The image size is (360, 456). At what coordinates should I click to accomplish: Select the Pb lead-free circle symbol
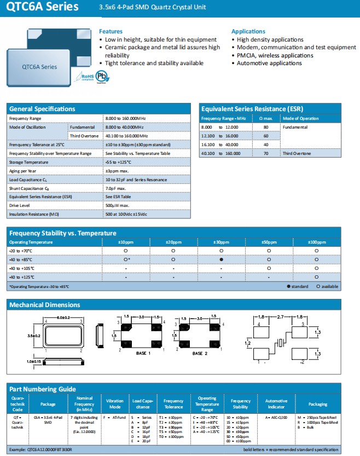[101, 76]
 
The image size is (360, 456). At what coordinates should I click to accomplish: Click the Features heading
[111, 31]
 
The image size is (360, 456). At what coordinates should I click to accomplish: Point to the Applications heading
[248, 31]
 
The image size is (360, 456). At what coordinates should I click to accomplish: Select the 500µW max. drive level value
[117, 205]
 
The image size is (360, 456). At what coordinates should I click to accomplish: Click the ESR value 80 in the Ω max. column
[265, 127]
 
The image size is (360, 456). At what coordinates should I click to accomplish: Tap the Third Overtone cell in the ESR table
[297, 153]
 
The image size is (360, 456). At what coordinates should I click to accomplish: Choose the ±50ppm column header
[269, 242]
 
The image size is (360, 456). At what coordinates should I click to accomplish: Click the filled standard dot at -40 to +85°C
[221, 259]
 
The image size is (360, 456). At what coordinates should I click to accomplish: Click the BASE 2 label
[200, 353]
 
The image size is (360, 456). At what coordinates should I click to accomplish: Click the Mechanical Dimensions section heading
[45, 305]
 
